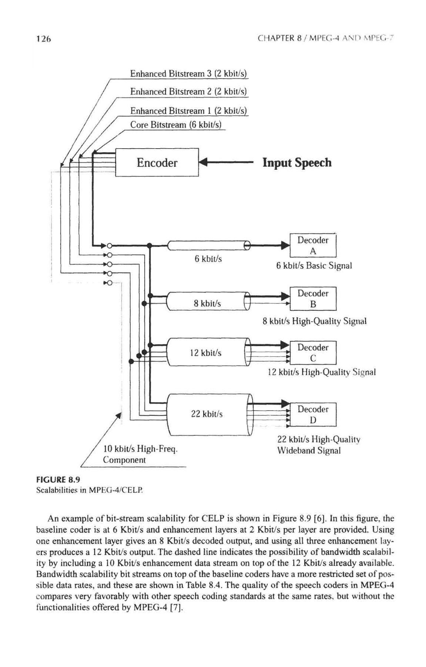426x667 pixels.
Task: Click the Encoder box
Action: click(x=157, y=163)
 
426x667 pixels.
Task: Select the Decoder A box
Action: click(x=313, y=245)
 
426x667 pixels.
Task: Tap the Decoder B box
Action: click(x=313, y=299)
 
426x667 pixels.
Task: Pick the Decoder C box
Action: click(x=313, y=353)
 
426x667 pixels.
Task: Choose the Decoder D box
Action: click(x=313, y=414)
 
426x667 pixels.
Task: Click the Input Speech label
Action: click(x=297, y=163)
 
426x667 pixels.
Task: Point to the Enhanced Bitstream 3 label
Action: click(x=188, y=73)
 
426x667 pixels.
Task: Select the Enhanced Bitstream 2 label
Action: click(x=188, y=92)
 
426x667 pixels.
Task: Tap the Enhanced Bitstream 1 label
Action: click(x=188, y=111)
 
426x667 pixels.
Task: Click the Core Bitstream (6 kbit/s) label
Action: click(x=175, y=125)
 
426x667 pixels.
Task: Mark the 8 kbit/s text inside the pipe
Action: click(x=207, y=304)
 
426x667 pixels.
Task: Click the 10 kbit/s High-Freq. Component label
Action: click(x=140, y=455)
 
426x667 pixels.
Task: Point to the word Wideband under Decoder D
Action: click(x=294, y=451)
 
